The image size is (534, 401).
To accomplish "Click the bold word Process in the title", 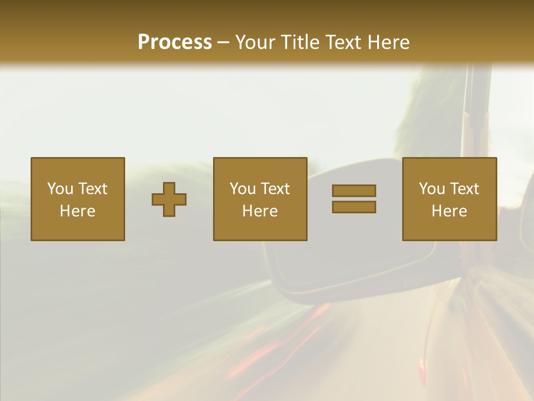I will [175, 42].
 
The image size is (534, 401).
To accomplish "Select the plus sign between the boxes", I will [169, 199].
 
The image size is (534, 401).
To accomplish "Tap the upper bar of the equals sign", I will [354, 190].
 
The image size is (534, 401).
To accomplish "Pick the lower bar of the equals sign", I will [354, 207].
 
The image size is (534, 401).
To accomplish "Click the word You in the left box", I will [60, 189].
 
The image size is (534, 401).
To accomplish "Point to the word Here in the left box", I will [77, 211].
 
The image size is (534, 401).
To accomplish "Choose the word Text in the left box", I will [92, 189].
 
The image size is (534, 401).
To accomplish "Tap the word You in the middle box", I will [243, 189].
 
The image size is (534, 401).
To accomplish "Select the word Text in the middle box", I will [275, 189].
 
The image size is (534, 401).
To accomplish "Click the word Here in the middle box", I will [260, 211].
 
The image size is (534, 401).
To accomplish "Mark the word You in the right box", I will [432, 189].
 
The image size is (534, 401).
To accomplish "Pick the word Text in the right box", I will [464, 189].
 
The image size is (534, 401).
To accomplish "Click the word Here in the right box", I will [449, 211].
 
